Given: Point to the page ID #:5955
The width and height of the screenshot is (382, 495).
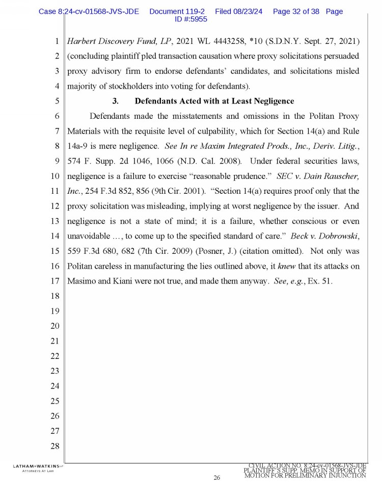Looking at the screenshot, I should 190,19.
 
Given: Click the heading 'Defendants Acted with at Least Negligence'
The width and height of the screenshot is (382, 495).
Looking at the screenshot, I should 214,101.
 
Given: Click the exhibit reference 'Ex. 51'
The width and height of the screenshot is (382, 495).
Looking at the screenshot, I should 321,280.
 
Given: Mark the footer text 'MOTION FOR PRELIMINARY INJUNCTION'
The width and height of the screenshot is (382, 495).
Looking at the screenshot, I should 305,476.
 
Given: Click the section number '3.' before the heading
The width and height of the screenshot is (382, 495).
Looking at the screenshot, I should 115,101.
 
